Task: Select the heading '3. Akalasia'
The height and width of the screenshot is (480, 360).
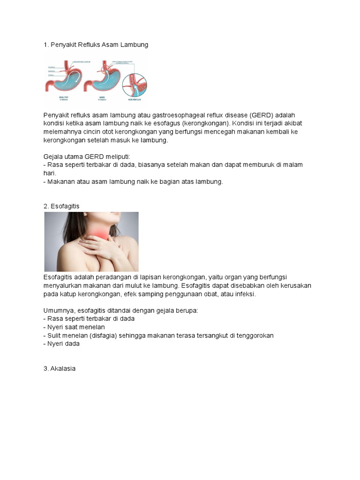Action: (x=60, y=369)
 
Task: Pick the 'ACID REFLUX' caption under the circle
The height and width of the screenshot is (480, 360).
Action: (x=135, y=100)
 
